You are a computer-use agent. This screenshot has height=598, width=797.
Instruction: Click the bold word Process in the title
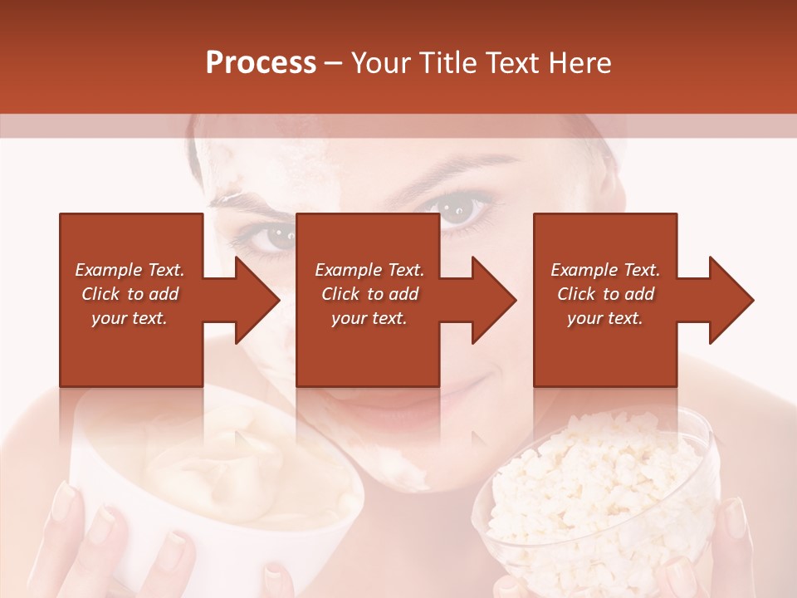[261, 63]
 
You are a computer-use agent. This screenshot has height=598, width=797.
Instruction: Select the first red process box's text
[130, 294]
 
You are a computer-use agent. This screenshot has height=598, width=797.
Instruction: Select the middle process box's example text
[369, 294]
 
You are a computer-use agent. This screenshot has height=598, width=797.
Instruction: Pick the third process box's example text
[605, 294]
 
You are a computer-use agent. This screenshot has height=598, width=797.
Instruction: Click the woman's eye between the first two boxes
[271, 238]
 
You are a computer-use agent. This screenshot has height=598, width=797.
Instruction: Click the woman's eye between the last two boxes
[464, 209]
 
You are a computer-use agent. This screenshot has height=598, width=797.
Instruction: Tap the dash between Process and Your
[334, 63]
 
